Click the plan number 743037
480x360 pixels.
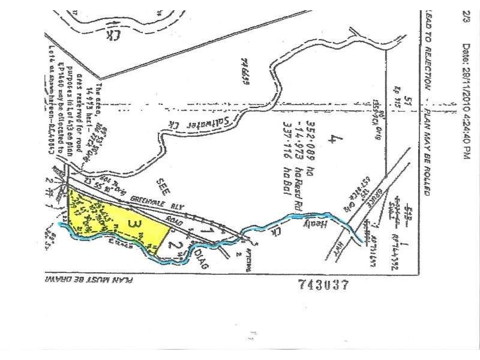[x=323, y=286]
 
